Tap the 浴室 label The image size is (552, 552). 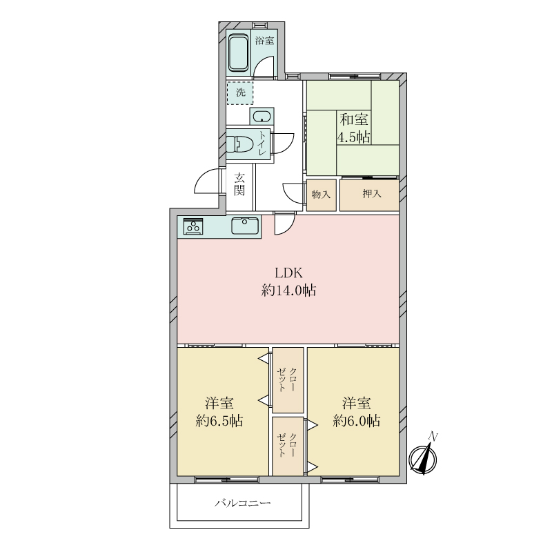pyautogui.click(x=265, y=41)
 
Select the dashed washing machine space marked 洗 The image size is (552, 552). pyautogui.click(x=239, y=93)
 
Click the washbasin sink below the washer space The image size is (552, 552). pyautogui.click(x=262, y=116)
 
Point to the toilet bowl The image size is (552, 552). pyautogui.click(x=237, y=144)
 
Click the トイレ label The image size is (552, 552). pyautogui.click(x=262, y=144)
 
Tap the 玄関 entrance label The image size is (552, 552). pyautogui.click(x=239, y=184)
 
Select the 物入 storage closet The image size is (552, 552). pyautogui.click(x=321, y=195)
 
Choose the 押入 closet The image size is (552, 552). pyautogui.click(x=369, y=195)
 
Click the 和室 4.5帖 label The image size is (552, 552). pyautogui.click(x=354, y=128)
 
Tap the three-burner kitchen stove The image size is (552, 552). pyautogui.click(x=194, y=226)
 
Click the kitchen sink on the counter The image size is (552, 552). pyautogui.click(x=245, y=226)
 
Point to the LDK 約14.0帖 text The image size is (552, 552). pyautogui.click(x=288, y=282)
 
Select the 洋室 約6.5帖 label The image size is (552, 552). pyautogui.click(x=219, y=412)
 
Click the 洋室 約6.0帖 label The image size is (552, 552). pyautogui.click(x=357, y=412)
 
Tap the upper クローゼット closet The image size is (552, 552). pyautogui.click(x=288, y=380)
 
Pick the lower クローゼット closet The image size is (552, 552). pyautogui.click(x=288, y=446)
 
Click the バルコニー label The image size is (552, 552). pyautogui.click(x=243, y=503)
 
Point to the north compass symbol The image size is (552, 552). pyautogui.click(x=423, y=457)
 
